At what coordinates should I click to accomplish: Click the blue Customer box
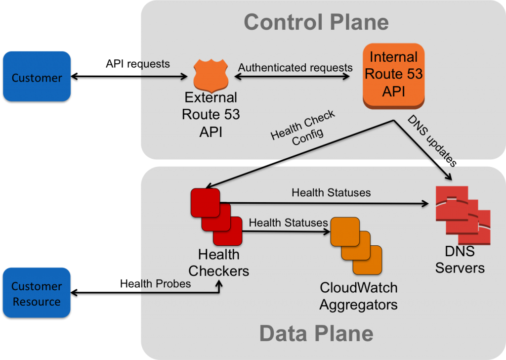[37, 76]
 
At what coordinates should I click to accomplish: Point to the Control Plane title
[316, 22]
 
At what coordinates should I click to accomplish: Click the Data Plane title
[316, 333]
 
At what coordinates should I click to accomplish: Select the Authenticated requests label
[295, 67]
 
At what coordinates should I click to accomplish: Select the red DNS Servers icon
[463, 215]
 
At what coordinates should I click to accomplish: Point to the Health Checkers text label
[218, 263]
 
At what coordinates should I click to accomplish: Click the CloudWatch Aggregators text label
[358, 296]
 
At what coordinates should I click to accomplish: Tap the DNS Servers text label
[460, 260]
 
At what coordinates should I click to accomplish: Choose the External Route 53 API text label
[211, 114]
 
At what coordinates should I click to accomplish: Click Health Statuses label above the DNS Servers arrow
[331, 192]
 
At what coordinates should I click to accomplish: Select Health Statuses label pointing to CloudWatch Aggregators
[288, 223]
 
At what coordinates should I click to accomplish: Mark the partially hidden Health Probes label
[166, 283]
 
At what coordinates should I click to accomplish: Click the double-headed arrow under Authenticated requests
[294, 77]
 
